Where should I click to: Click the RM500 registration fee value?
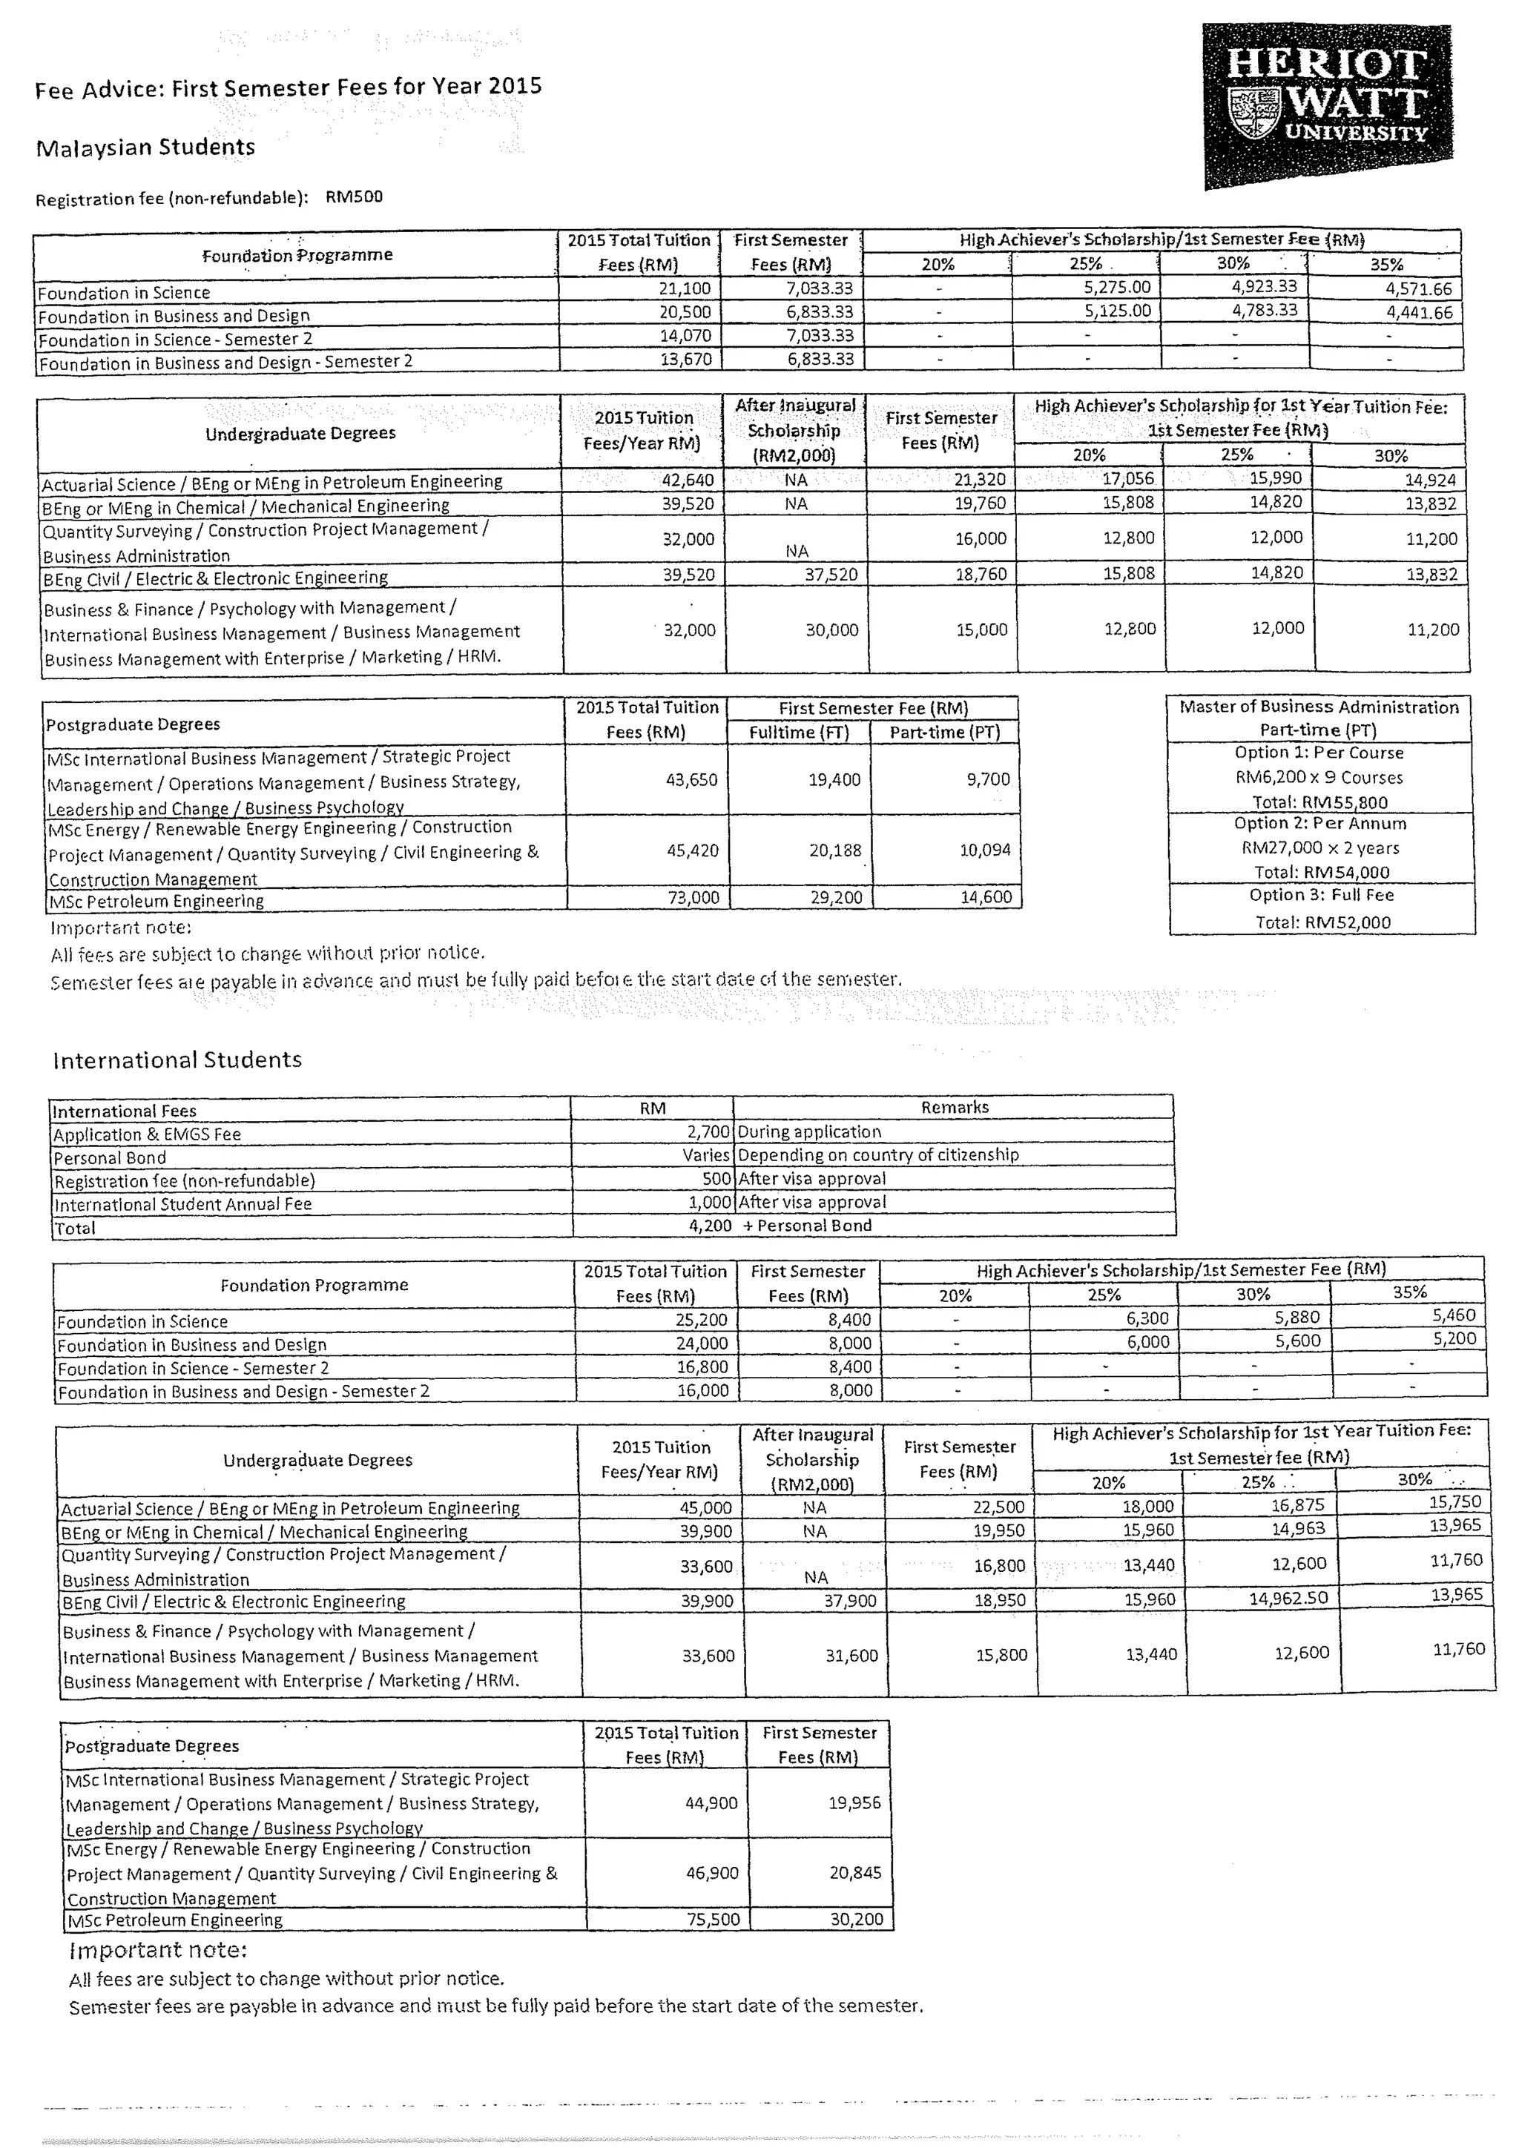[x=354, y=197]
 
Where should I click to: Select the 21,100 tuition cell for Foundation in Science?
[x=685, y=289]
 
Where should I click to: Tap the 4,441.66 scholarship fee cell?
[x=1419, y=312]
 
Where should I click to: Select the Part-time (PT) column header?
[x=944, y=733]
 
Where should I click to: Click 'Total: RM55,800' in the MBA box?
[x=1319, y=802]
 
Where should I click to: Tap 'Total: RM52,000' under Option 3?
[x=1322, y=922]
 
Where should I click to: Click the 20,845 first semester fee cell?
[x=854, y=1873]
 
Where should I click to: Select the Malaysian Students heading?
[x=145, y=148]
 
